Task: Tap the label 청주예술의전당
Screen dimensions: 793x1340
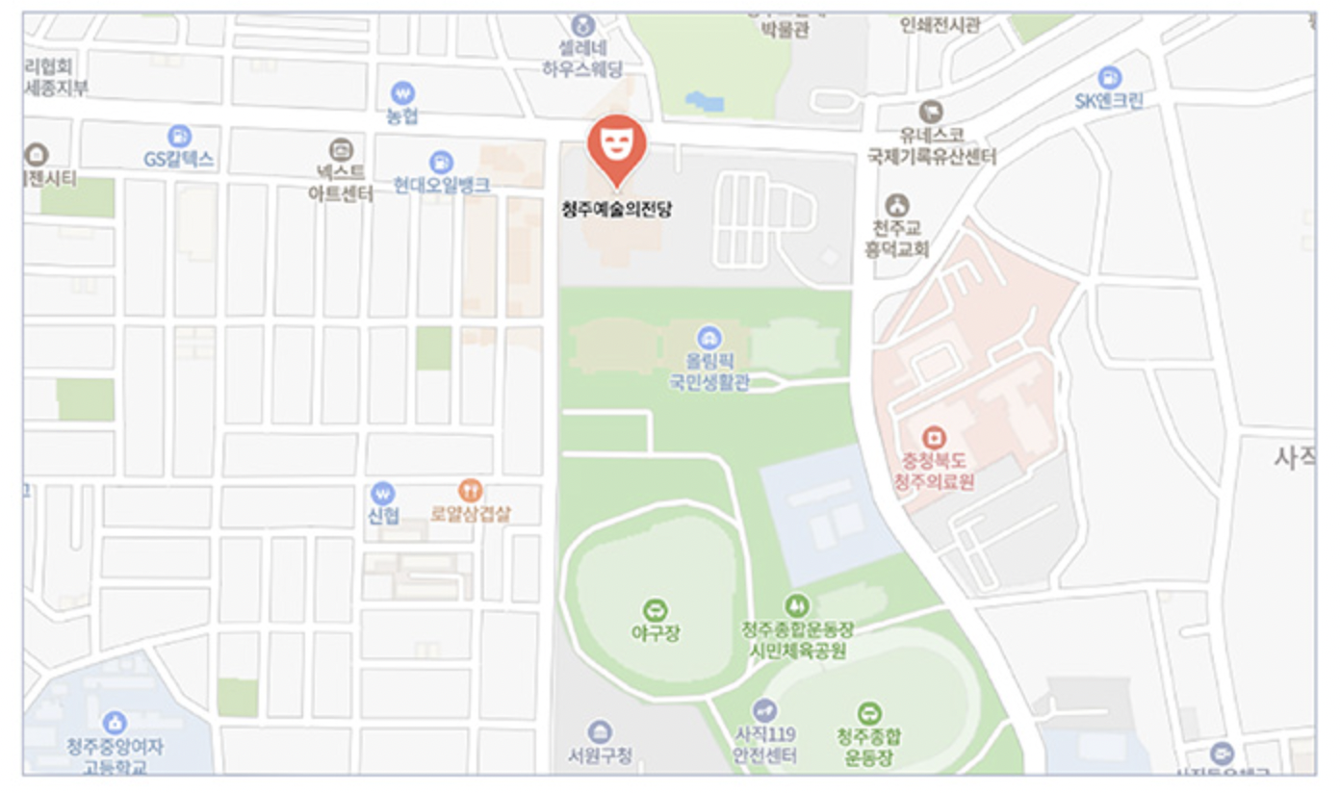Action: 616,209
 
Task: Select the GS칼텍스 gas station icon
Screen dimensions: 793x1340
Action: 179,137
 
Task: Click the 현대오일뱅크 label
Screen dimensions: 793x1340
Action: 442,185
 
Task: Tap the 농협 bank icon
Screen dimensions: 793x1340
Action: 403,93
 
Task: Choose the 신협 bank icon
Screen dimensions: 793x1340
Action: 383,493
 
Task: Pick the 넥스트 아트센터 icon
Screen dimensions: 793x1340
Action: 341,149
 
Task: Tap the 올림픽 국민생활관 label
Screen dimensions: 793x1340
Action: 709,372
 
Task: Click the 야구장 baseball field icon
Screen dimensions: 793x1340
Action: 656,609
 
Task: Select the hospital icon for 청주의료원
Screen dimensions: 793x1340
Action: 933,438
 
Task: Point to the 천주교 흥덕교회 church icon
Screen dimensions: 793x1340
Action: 897,205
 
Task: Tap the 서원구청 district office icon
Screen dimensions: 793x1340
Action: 599,731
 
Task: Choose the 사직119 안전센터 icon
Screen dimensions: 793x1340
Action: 765,711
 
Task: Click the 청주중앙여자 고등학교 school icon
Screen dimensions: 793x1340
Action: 115,723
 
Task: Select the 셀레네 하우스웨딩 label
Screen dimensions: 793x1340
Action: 582,59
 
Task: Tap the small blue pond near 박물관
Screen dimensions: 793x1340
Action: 704,101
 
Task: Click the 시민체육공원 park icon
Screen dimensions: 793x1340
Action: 796,605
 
